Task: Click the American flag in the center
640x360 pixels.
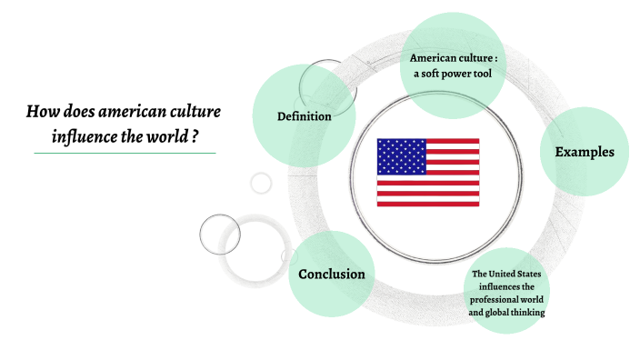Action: (428, 173)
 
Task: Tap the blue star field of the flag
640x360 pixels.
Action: (398, 155)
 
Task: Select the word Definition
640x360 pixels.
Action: (304, 116)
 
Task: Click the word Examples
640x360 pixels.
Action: (585, 152)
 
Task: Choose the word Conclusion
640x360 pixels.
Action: (332, 274)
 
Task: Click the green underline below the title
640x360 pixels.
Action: (125, 153)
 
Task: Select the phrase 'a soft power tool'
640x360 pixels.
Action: (452, 75)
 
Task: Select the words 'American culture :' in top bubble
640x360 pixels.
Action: (453, 59)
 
